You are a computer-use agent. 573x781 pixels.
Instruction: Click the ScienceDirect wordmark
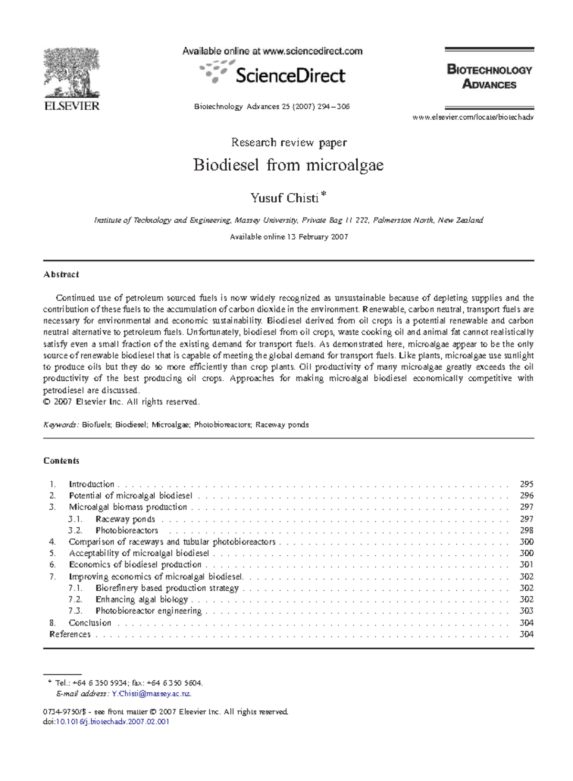coord(290,76)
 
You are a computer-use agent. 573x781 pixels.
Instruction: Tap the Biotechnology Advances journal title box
coord(489,77)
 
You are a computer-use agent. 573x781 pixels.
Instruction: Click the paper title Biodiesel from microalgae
coord(288,165)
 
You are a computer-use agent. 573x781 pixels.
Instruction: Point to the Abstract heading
coord(61,274)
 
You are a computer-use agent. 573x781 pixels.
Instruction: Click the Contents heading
coord(61,460)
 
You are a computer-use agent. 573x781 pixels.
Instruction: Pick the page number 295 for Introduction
coord(526,484)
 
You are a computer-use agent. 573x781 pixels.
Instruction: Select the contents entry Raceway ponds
coord(125,519)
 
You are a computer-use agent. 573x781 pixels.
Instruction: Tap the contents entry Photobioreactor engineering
coord(149,611)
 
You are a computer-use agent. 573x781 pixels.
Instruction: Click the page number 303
coord(526,611)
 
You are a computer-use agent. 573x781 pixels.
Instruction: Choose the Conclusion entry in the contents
coord(90,623)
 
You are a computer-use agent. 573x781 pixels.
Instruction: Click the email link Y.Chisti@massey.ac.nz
coord(151,694)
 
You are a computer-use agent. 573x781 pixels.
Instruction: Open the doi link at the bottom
coord(112,721)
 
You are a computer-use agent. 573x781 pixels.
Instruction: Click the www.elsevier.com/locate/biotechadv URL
coord(472,117)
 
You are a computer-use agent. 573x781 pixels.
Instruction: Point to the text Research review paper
coord(289,142)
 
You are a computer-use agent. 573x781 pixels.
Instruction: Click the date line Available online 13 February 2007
coord(289,237)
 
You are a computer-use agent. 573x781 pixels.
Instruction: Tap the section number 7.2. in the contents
coord(75,599)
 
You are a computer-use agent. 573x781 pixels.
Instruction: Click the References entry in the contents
coord(70,634)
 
